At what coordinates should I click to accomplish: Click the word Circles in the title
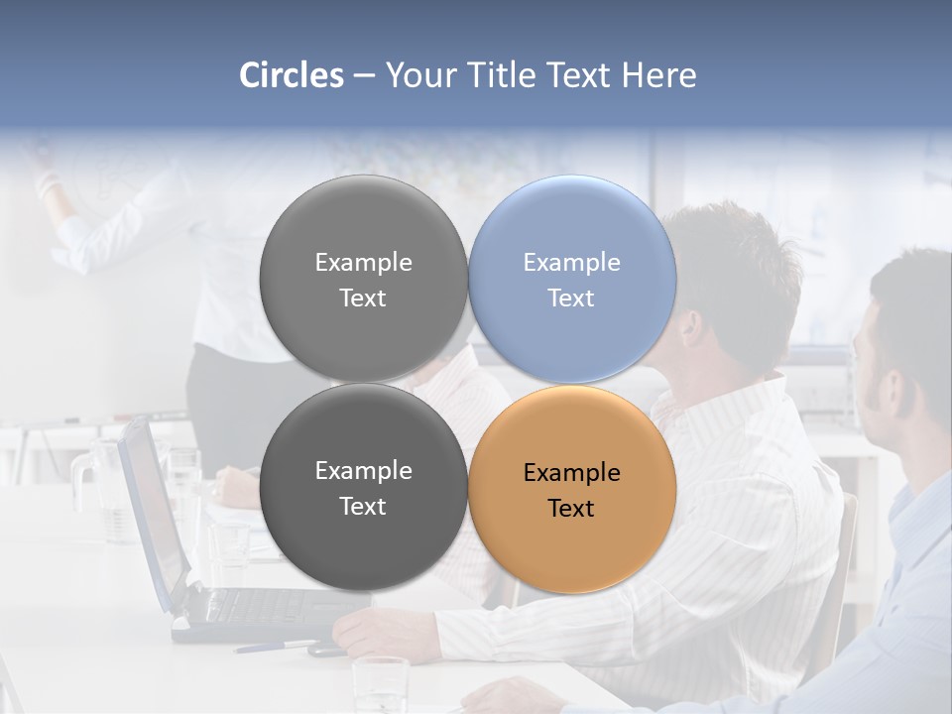coord(291,75)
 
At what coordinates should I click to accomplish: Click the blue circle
coord(572,279)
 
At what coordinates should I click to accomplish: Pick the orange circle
coord(572,489)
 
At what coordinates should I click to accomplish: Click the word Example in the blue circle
coord(571,263)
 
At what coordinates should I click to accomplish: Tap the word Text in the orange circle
coord(570,509)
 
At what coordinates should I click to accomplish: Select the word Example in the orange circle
coord(571,473)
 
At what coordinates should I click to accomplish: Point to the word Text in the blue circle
coord(570,298)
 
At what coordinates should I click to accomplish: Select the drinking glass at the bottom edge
coord(380,684)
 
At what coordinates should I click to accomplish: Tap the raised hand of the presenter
coord(46,178)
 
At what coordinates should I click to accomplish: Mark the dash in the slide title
coord(363,76)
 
